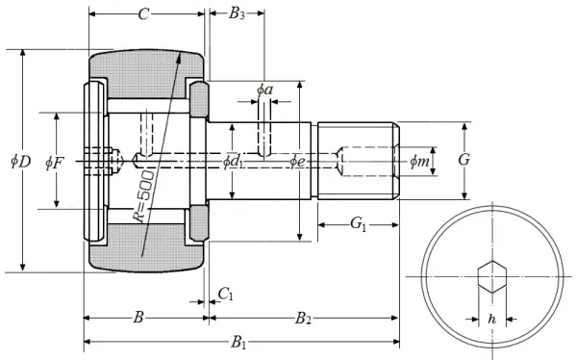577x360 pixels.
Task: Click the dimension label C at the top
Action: click(x=143, y=14)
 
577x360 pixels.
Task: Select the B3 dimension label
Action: click(x=237, y=13)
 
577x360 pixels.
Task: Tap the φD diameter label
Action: click(x=20, y=161)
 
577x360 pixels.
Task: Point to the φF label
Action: click(x=55, y=163)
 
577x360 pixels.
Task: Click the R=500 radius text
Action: click(x=144, y=196)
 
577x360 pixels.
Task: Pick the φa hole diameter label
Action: click(x=264, y=90)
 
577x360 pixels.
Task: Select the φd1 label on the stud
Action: click(x=233, y=162)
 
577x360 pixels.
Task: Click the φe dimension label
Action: click(x=297, y=161)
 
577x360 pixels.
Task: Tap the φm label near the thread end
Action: click(x=419, y=161)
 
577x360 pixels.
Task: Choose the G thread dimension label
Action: click(x=464, y=160)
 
